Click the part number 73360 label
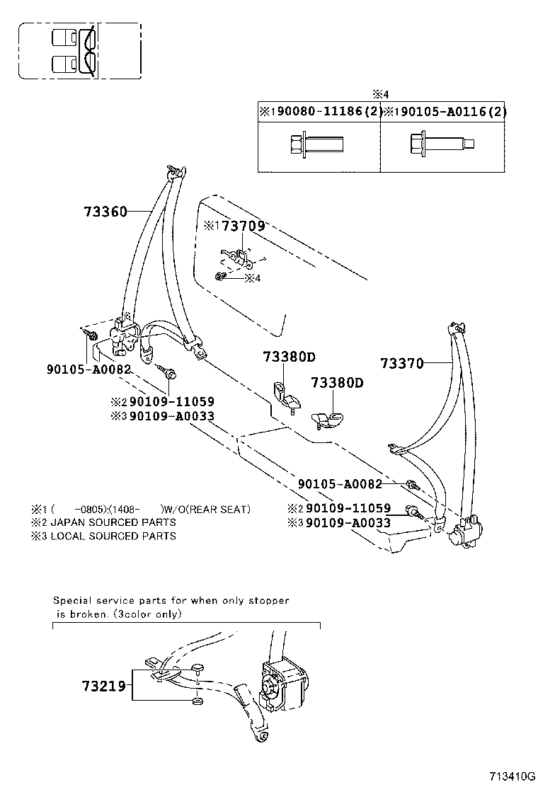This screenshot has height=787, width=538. click(x=105, y=211)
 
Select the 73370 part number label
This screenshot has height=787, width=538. click(x=401, y=364)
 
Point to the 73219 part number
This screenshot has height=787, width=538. click(x=103, y=686)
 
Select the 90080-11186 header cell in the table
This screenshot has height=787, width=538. click(x=319, y=112)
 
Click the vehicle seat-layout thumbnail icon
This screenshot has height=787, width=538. click(x=78, y=51)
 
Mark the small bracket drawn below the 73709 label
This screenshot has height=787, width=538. click(x=238, y=257)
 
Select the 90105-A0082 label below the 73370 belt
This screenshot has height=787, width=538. click(x=340, y=484)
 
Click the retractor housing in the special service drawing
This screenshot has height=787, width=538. click(x=283, y=684)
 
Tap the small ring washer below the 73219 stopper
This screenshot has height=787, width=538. click(x=196, y=703)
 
